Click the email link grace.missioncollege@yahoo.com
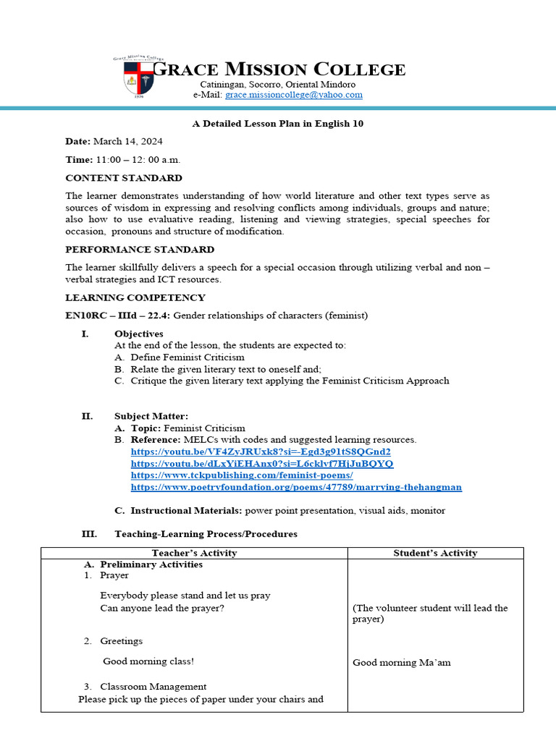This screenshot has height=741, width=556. pos(293,95)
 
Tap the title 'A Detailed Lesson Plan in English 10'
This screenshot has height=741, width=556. pos(278,124)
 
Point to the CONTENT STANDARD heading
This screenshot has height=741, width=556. pos(123,178)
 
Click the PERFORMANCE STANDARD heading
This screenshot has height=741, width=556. pos(140,250)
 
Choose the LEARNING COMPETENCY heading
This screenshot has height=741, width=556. pos(135,297)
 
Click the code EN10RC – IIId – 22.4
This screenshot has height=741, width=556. pos(117,316)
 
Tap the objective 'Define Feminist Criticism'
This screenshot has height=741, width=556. pos(188,357)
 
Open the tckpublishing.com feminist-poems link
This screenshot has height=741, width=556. pos(242,475)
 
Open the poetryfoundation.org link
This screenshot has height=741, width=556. pos(295,487)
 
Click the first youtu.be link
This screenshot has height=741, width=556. pos(261,451)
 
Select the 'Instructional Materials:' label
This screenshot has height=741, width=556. pos(186,510)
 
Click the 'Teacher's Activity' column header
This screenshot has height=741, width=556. pos(194,553)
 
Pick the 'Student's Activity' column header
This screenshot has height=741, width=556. pos(435,553)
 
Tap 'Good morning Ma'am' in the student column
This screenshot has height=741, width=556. pos(401,662)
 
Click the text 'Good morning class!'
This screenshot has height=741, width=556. pos(148,661)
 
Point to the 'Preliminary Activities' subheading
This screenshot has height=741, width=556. pos(151,564)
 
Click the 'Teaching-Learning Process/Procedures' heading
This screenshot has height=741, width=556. pos(206,534)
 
